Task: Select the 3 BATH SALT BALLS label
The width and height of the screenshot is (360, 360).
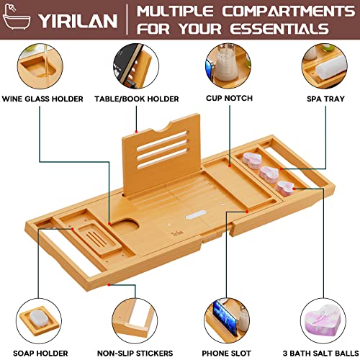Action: [317, 353]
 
